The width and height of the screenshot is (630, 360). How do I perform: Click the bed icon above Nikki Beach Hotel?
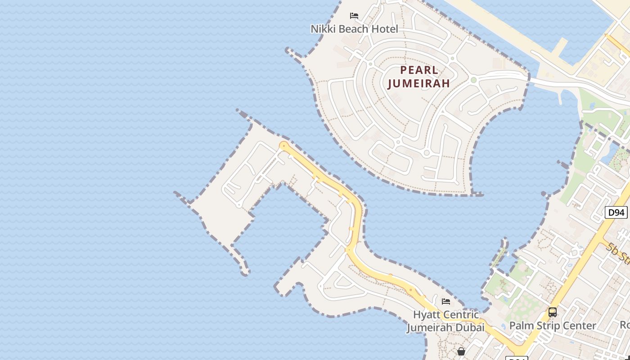point(354,16)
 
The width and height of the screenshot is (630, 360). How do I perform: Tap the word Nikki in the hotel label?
point(322,29)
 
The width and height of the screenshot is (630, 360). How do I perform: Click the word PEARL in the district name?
point(419,70)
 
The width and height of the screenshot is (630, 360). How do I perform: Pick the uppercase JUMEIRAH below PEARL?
point(419,84)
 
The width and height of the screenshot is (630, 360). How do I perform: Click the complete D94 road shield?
point(616,212)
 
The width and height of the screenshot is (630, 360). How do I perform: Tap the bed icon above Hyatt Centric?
point(446,301)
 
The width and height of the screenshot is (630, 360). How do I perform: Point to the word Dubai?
point(471,327)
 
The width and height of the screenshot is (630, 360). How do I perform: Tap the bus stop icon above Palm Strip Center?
point(552,312)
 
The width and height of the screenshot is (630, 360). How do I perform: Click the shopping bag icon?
point(461,351)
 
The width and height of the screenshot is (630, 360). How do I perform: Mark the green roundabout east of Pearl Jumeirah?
point(473,80)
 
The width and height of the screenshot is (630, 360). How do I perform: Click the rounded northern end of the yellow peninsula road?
point(283,145)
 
